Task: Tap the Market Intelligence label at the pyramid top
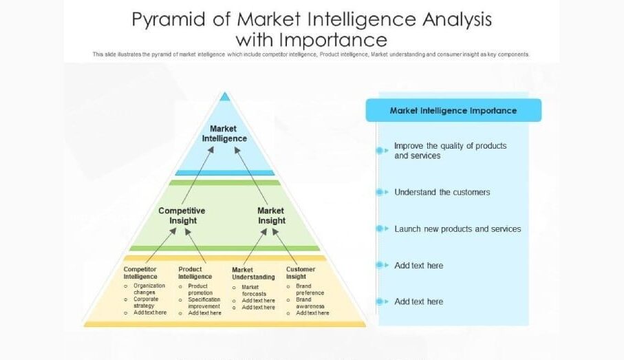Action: click(224, 134)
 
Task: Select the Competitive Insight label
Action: click(182, 215)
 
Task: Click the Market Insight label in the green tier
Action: click(271, 215)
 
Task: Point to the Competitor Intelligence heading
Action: click(140, 273)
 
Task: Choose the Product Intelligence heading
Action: click(195, 273)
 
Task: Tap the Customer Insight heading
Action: click(301, 273)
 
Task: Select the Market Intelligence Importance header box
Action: click(453, 110)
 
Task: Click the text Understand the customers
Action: click(442, 192)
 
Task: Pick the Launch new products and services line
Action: click(458, 229)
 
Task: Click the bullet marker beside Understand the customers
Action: click(380, 192)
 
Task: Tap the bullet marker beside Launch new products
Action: click(380, 229)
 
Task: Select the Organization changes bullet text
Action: click(149, 289)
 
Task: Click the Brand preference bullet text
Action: click(310, 289)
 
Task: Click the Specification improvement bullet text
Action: click(204, 303)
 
